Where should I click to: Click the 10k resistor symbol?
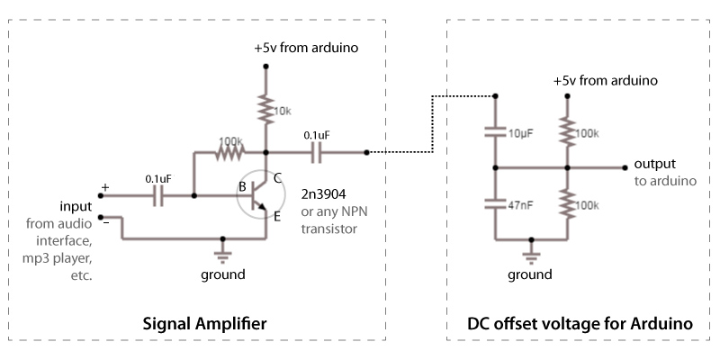pos(265,110)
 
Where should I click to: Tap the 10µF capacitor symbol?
pos(494,132)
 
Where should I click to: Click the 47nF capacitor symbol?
pos(494,204)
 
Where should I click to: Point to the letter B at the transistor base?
pos(242,187)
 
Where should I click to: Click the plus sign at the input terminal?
pos(104,187)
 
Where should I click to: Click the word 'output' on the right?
pos(655,164)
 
